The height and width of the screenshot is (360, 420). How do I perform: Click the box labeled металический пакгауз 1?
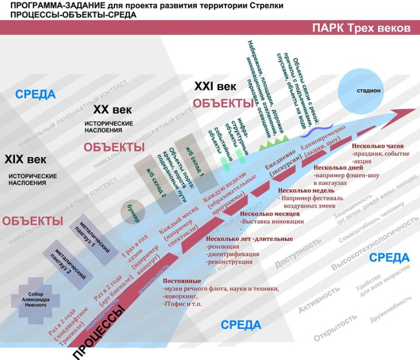[95, 234]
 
